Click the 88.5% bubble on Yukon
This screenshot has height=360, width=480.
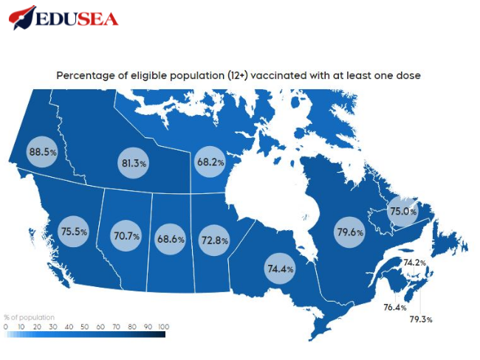pyautogui.click(x=42, y=153)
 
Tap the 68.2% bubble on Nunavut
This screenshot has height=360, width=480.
pyautogui.click(x=210, y=161)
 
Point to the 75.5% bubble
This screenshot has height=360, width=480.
pyautogui.click(x=74, y=232)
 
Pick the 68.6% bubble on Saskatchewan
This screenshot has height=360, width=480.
pyautogui.click(x=171, y=240)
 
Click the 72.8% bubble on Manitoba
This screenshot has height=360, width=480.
pyautogui.click(x=214, y=240)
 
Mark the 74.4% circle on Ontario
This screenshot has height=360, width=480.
pyautogui.click(x=280, y=269)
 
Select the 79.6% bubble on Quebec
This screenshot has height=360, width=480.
pyautogui.click(x=350, y=232)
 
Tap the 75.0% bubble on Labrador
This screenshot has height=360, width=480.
pyautogui.click(x=403, y=212)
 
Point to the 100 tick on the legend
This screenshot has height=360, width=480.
pyautogui.click(x=164, y=325)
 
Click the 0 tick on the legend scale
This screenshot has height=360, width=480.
pyautogui.click(x=6, y=325)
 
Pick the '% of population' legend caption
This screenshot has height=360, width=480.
pyautogui.click(x=29, y=317)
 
